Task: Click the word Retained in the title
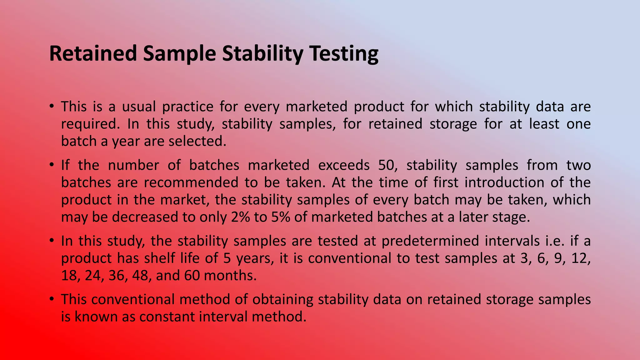tap(93, 53)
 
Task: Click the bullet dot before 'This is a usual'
tap(52, 106)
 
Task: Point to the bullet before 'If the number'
tap(52, 165)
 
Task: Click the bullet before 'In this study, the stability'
tap(52, 241)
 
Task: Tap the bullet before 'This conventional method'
tap(52, 299)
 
